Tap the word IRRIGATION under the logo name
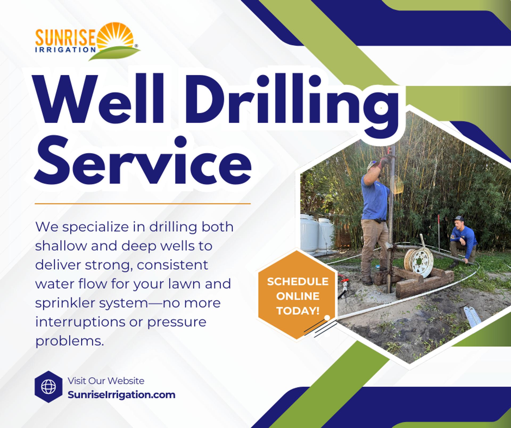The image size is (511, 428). (x=66, y=49)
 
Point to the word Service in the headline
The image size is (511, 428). (x=142, y=161)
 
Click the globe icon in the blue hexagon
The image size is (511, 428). (x=48, y=387)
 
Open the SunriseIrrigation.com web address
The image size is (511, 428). (x=121, y=395)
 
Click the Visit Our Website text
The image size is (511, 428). (x=106, y=381)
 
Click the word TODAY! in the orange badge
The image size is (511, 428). (x=298, y=311)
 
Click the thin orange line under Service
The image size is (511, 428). (x=143, y=204)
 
